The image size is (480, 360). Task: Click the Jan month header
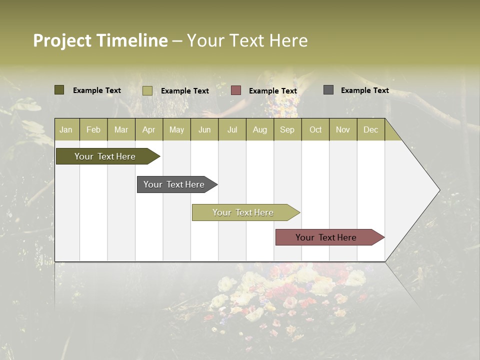point(66,129)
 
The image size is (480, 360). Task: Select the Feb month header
point(93,129)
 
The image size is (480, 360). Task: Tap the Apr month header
point(148,129)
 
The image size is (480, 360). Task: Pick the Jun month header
point(204,129)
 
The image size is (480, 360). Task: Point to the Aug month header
point(259,129)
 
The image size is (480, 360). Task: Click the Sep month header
point(287,129)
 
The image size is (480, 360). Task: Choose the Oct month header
point(315,129)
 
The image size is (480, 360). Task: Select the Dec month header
point(370,129)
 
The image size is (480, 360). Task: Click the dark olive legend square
point(59,90)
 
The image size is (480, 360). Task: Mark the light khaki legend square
point(147,90)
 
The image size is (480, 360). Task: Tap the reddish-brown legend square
point(236,90)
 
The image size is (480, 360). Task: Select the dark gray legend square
point(328,90)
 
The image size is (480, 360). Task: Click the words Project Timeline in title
point(100,40)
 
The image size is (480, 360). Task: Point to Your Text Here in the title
point(247,40)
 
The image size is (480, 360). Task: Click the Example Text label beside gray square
point(364,90)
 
